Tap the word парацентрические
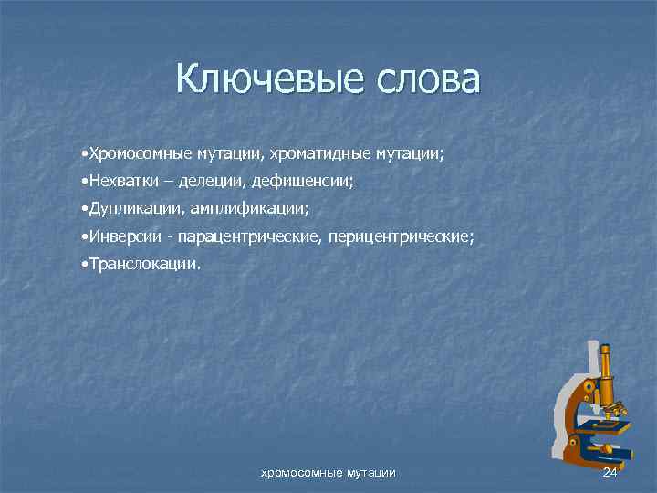pyautogui.click(x=240, y=236)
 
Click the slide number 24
pyautogui.click(x=610, y=472)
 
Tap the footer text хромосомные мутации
pyautogui.click(x=328, y=472)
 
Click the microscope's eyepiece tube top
pyautogui.click(x=603, y=348)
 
